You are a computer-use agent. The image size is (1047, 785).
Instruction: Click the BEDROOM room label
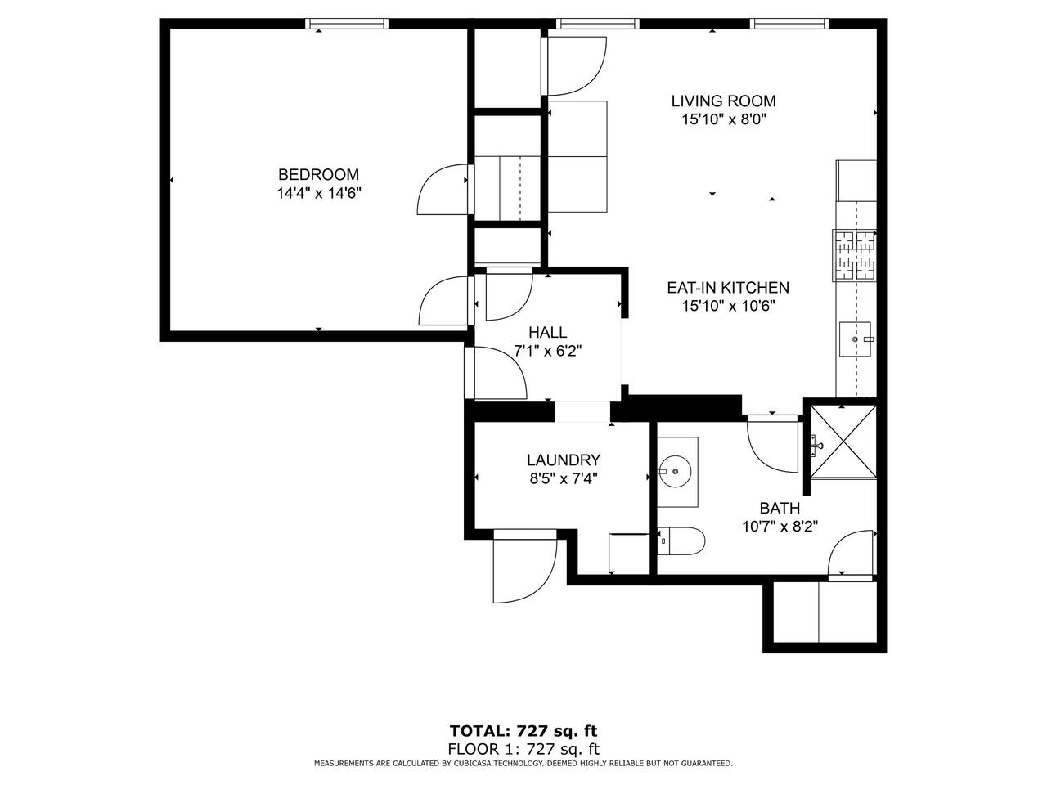(x=318, y=175)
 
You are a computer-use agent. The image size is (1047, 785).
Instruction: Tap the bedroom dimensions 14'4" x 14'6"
(x=318, y=193)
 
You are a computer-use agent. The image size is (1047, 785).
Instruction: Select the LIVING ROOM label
(x=723, y=101)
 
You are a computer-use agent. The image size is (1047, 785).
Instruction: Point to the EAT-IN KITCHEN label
(x=727, y=287)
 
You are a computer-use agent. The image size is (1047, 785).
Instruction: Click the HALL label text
(x=547, y=332)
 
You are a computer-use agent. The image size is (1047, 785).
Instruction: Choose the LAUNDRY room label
(x=564, y=460)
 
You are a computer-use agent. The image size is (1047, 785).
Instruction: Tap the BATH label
(x=780, y=508)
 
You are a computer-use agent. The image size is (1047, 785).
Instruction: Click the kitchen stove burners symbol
(x=854, y=255)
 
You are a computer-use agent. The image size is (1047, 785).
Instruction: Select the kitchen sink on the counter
(x=855, y=339)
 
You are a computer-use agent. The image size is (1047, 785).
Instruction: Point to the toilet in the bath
(x=681, y=541)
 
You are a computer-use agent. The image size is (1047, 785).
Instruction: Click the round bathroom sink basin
(x=676, y=471)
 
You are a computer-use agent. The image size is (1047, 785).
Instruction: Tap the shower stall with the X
(x=843, y=442)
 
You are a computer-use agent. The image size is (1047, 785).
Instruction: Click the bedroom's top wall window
(x=347, y=24)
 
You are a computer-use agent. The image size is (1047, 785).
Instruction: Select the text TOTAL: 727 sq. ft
(x=523, y=731)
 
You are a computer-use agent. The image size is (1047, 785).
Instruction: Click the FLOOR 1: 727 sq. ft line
(x=523, y=749)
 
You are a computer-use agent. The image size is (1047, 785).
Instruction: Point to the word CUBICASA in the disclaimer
(x=472, y=764)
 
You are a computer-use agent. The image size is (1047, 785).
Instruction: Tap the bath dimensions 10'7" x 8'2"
(x=780, y=526)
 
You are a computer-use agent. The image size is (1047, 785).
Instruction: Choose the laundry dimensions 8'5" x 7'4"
(x=564, y=478)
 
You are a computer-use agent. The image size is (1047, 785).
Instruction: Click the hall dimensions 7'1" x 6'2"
(x=547, y=351)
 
